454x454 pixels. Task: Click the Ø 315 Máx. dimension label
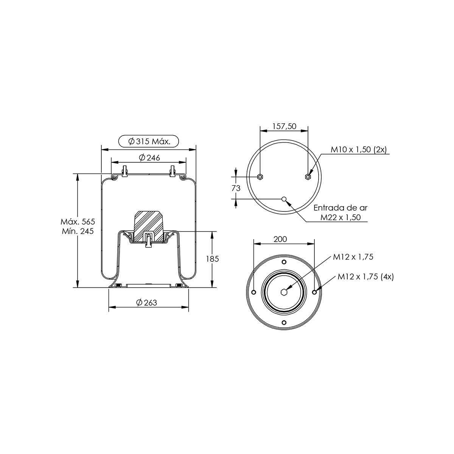pos(149,141)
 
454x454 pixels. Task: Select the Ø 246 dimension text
pos(149,158)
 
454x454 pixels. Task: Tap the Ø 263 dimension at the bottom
pos(146,303)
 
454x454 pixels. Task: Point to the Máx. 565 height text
pos(78,222)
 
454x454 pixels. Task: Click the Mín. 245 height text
pos(78,231)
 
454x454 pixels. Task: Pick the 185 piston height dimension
pos(212,259)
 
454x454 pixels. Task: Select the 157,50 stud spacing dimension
pos(285,126)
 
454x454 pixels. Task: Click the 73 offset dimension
pos(236,188)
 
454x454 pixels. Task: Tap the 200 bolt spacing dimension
pos(280,239)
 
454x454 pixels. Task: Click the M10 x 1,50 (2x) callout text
pos(359,149)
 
